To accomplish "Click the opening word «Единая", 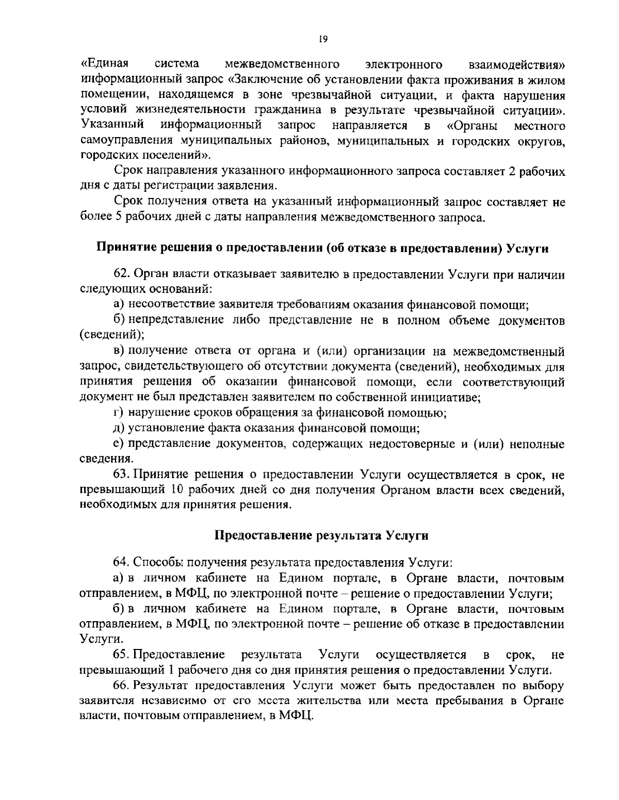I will pos(105,64).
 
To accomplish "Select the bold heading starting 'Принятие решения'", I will pos(322,247).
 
